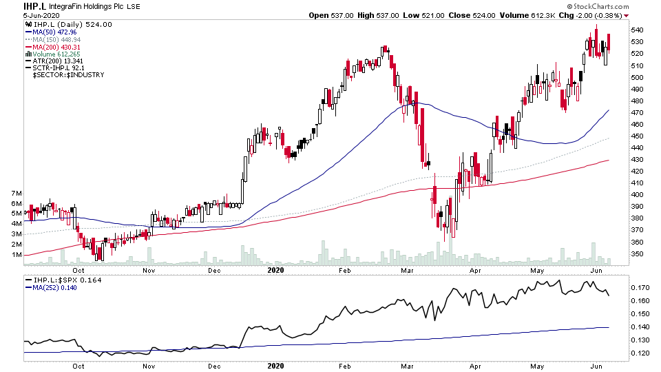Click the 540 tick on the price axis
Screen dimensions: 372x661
coord(638,30)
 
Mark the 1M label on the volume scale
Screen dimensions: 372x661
coord(14,255)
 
